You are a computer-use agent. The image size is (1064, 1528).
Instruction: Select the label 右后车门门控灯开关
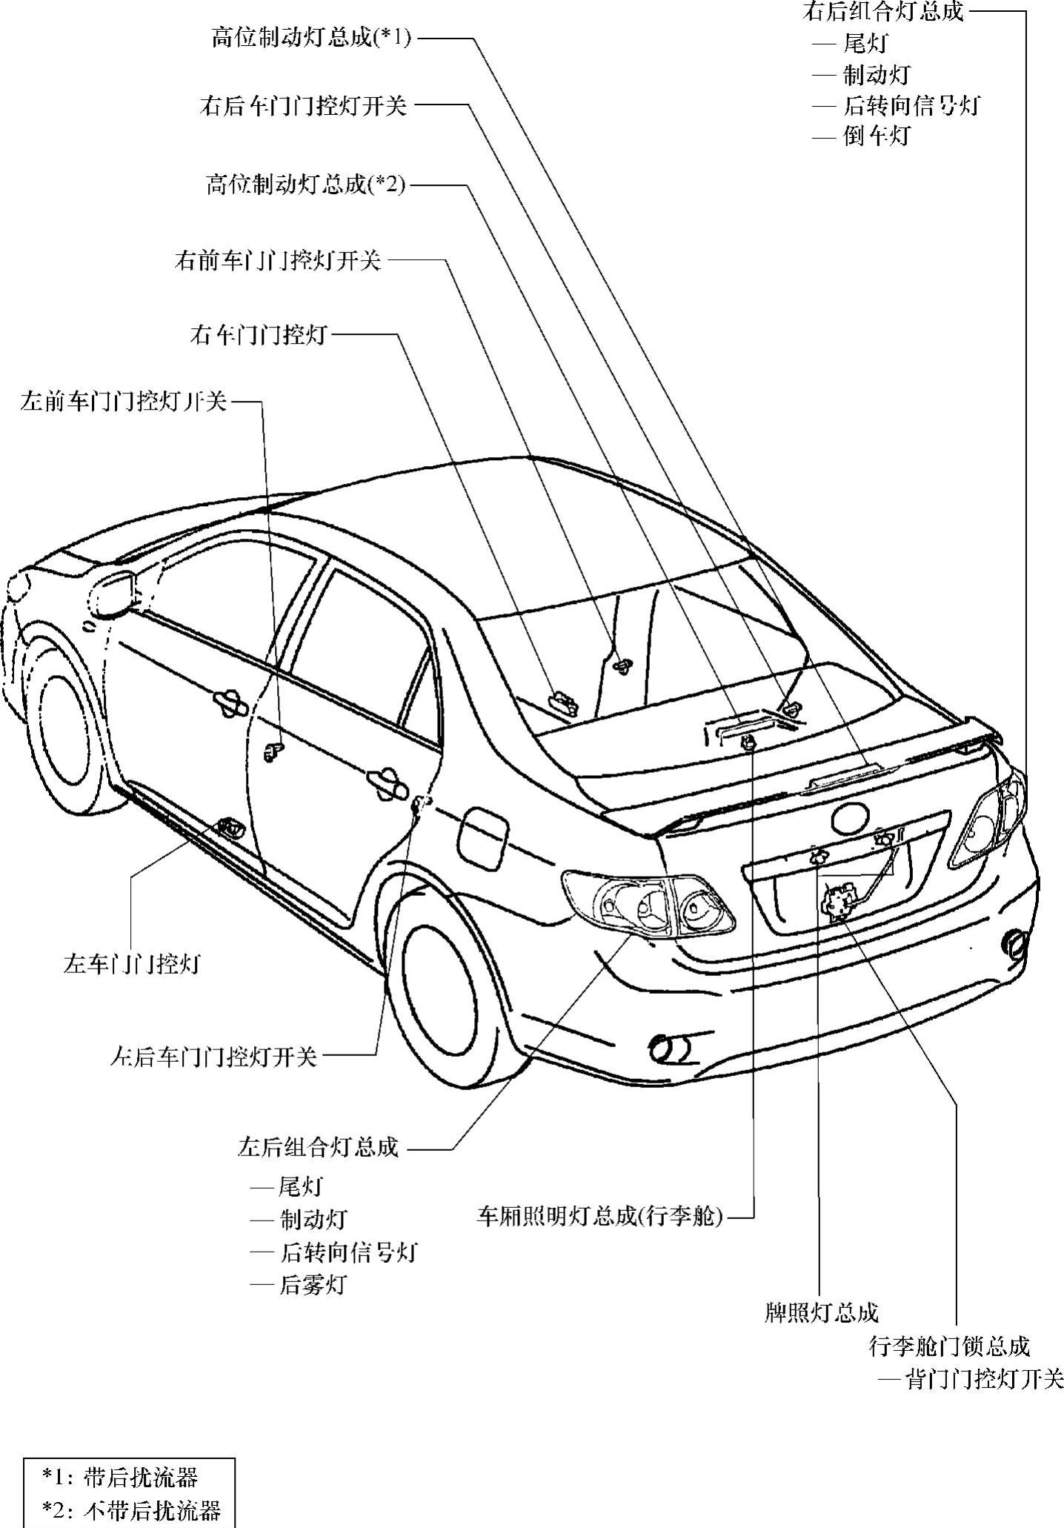[304, 106]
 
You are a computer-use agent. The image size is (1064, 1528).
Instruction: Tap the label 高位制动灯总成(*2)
[306, 185]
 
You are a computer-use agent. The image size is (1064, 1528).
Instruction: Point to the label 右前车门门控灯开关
[278, 261]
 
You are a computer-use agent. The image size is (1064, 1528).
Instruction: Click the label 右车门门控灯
[259, 336]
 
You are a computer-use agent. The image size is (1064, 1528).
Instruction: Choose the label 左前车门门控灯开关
[123, 402]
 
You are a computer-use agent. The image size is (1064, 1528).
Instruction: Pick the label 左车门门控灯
[132, 965]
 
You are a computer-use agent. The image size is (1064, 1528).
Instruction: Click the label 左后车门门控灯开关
[213, 1056]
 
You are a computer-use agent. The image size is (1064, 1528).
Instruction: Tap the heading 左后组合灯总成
[318, 1148]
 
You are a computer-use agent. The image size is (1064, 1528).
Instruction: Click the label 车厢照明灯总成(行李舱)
[599, 1216]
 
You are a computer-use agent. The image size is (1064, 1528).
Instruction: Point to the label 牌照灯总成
[821, 1313]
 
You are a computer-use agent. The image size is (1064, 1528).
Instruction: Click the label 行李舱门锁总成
[949, 1346]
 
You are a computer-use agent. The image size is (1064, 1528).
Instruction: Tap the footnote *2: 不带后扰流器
[131, 1510]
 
